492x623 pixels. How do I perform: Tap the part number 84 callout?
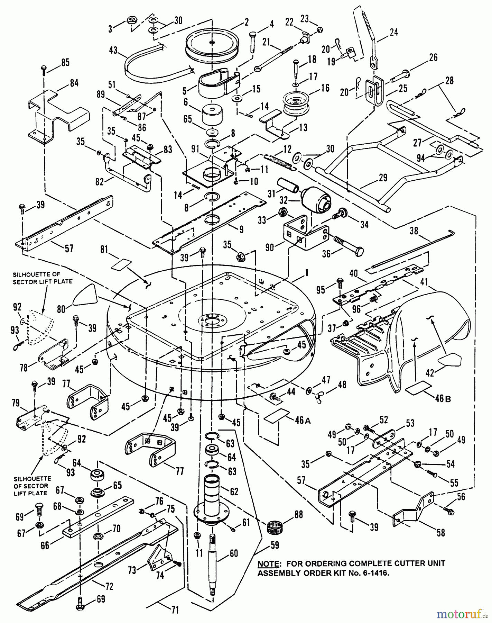coord(74,83)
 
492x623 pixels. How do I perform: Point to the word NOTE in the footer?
coord(269,564)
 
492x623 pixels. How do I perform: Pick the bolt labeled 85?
coord(44,70)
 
